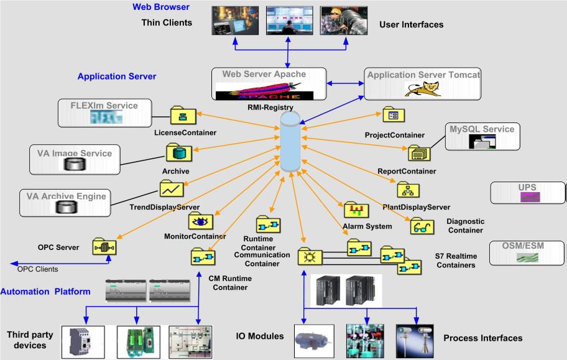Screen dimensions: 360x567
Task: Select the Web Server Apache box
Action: point(267,85)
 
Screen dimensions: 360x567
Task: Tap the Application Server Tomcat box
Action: point(424,85)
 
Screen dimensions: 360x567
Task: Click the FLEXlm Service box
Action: point(106,112)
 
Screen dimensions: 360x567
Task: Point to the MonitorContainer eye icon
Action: point(201,221)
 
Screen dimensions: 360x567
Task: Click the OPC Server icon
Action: point(104,247)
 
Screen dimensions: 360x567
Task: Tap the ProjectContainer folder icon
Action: point(393,116)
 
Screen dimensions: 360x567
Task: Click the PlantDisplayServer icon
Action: point(408,190)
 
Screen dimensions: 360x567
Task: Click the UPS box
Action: point(528,193)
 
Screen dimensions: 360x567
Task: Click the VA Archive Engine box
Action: point(65,203)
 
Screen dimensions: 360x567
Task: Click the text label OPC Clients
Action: point(37,269)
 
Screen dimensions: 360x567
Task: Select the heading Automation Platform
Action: point(45,291)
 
